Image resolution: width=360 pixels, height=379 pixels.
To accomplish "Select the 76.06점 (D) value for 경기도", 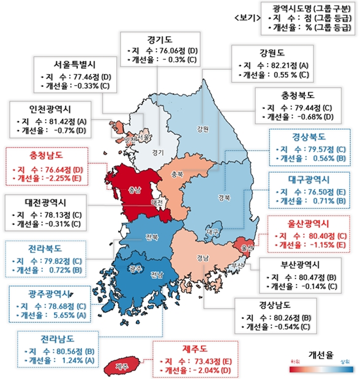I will [x=171, y=50].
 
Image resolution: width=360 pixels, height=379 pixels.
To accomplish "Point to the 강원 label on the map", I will [x=203, y=129].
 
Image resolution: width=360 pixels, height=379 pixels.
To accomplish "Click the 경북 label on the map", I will [x=224, y=198].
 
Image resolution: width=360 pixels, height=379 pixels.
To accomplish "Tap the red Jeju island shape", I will [x=123, y=366].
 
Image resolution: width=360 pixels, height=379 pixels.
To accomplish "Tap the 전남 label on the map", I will [x=157, y=275].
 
